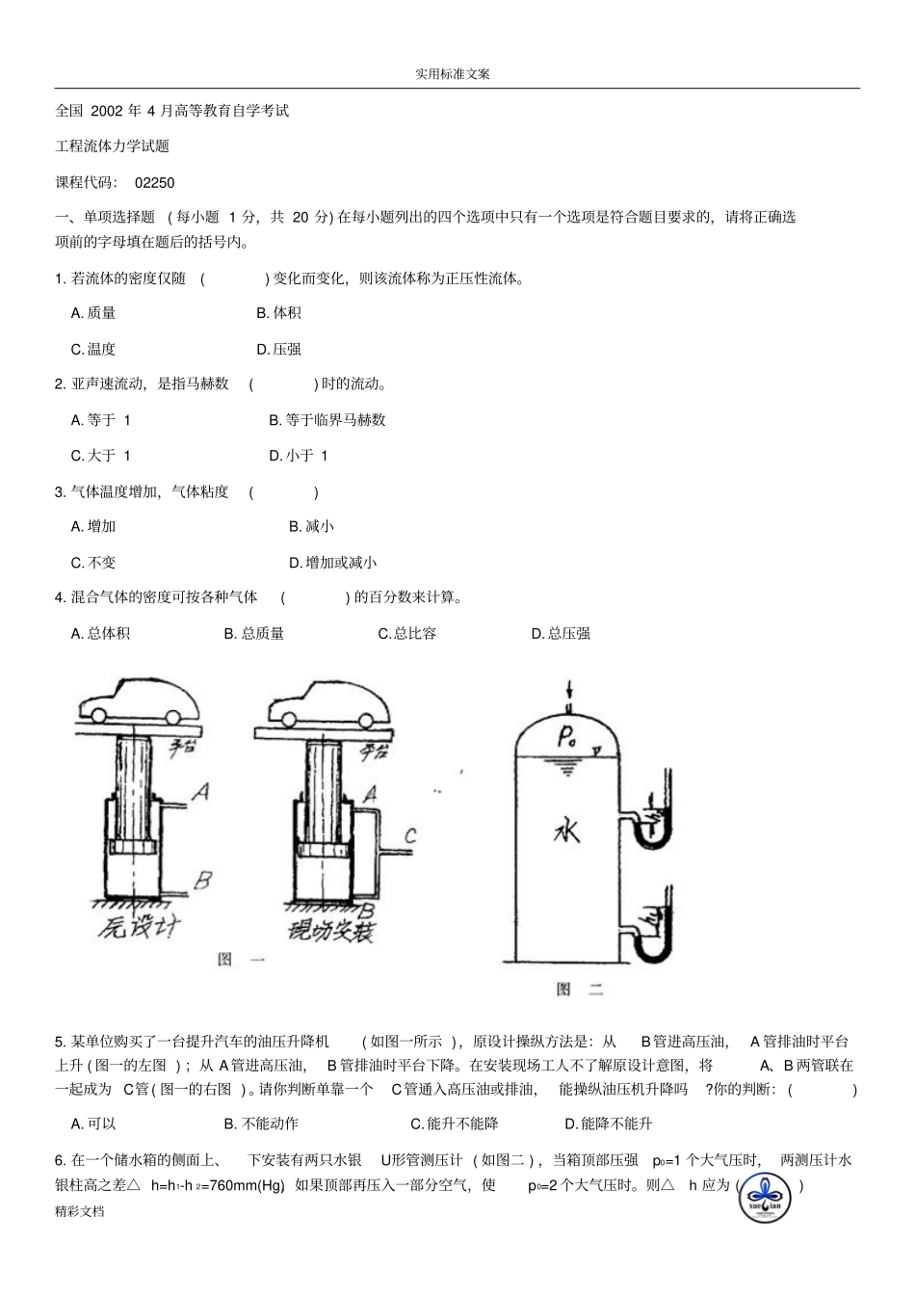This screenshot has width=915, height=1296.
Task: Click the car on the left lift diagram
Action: tap(140, 702)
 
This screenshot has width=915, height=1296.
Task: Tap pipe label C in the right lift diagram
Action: tap(409, 835)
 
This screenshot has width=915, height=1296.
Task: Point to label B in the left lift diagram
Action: tap(202, 879)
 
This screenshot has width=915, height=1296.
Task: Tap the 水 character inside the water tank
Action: tap(566, 829)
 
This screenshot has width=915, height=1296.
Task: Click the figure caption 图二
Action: tap(580, 989)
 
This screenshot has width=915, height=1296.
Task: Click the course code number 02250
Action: tap(155, 182)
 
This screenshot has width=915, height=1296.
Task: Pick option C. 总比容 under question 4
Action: tap(406, 633)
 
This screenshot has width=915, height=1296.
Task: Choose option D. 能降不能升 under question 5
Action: tap(608, 1124)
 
